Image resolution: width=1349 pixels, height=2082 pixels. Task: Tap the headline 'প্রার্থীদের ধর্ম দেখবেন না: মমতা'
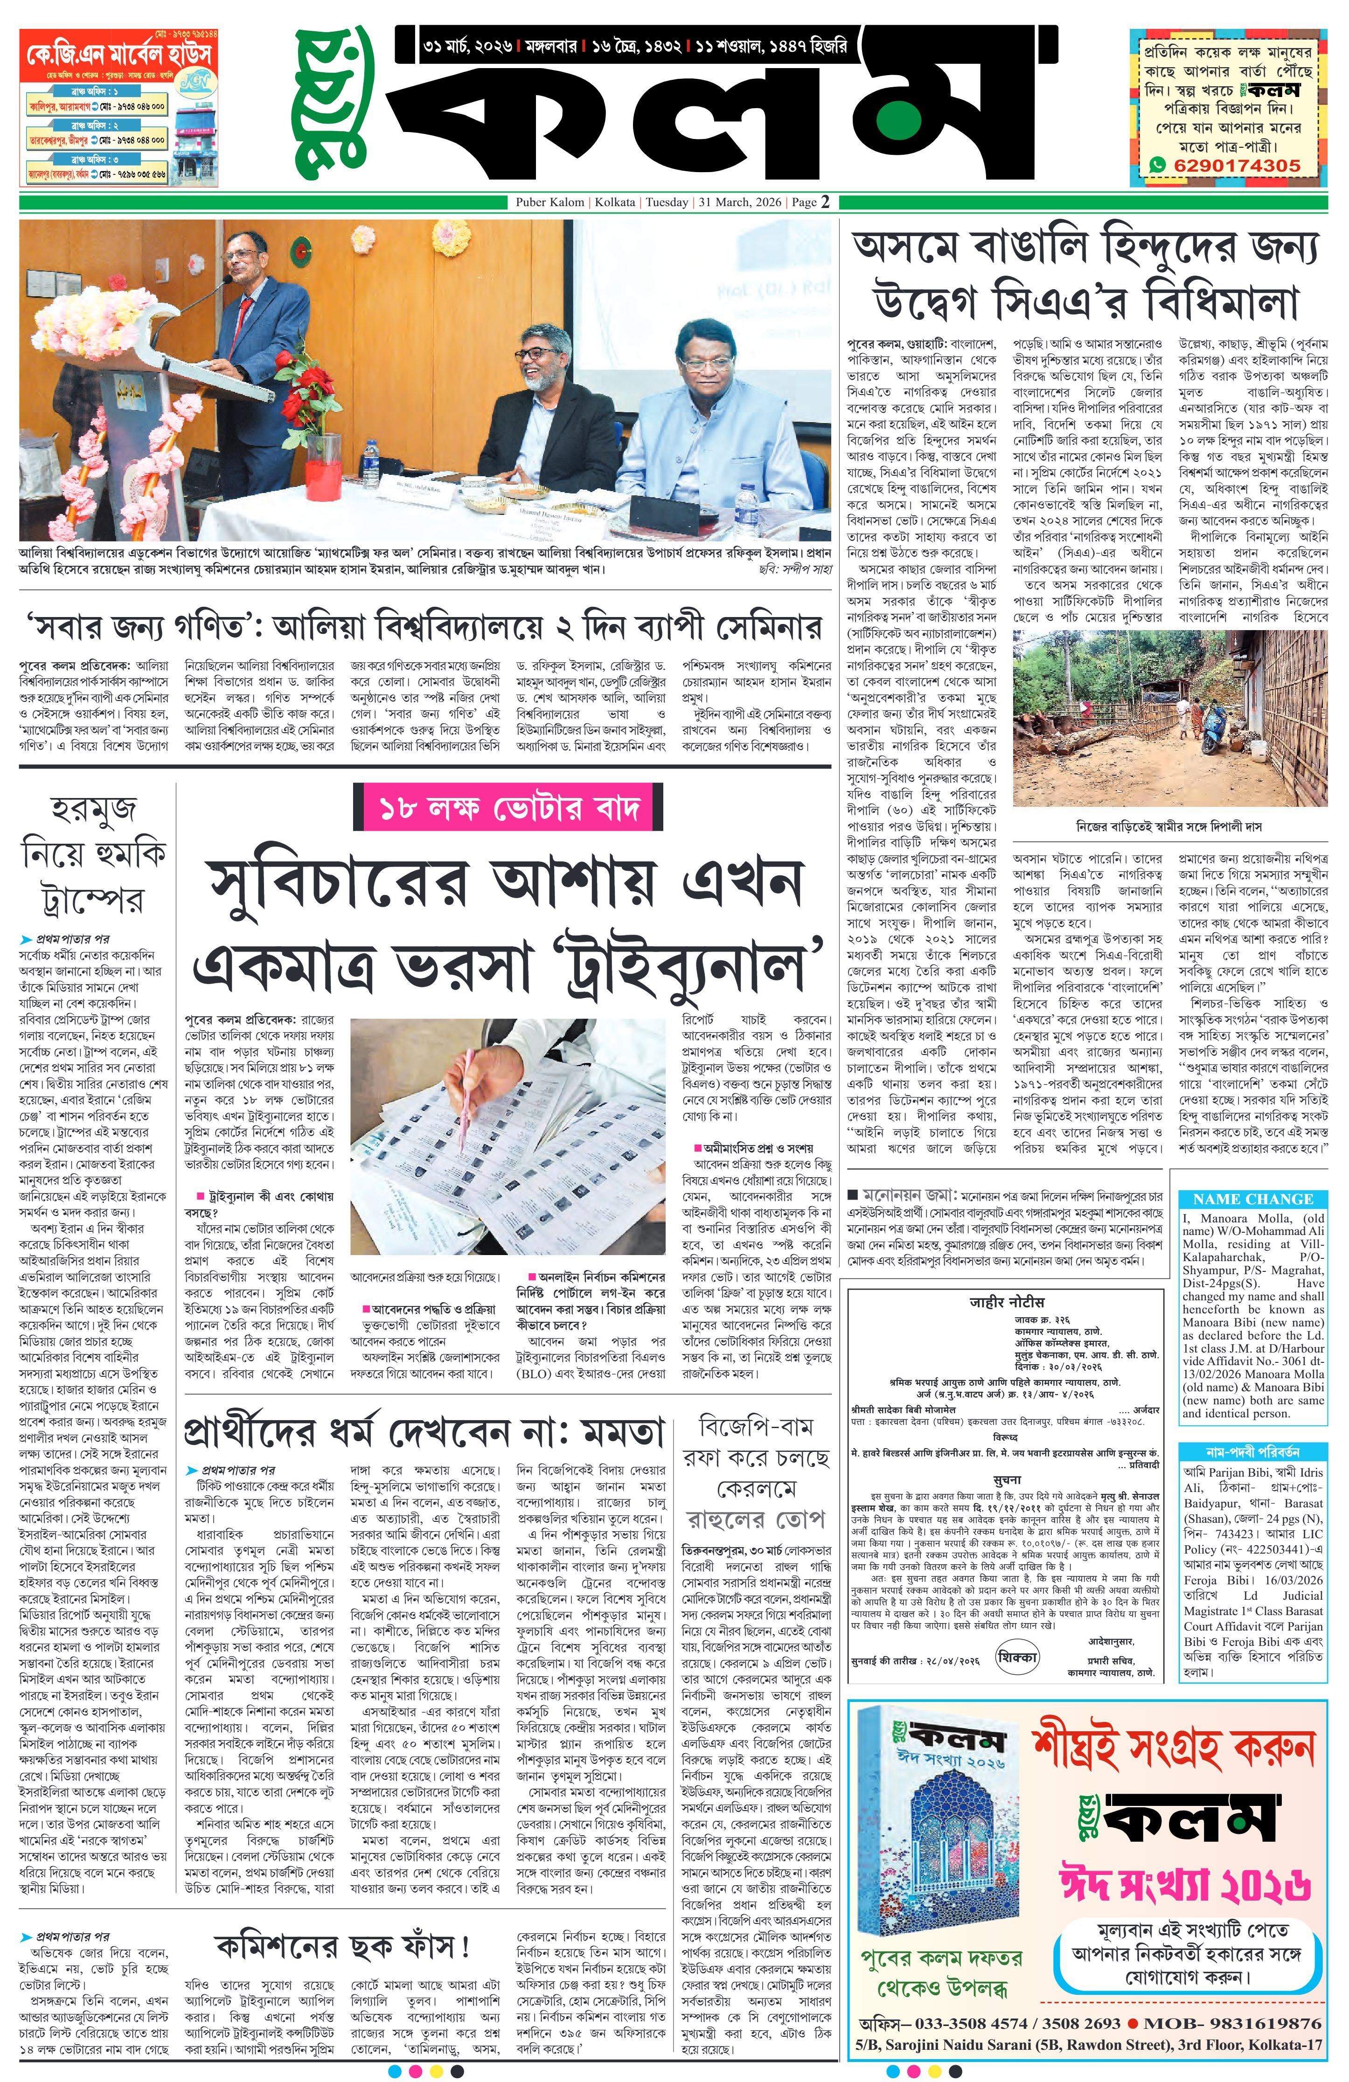pos(424,1432)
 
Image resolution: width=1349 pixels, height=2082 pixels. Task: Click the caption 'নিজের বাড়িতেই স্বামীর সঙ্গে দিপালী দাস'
pos(1169,826)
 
